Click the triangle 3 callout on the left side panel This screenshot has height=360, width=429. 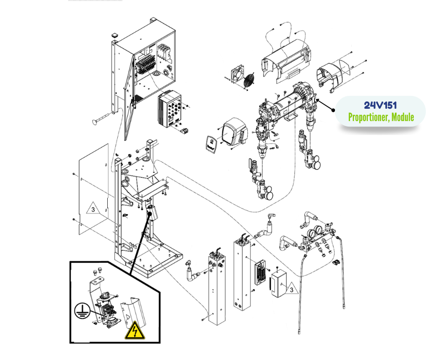pos(93,210)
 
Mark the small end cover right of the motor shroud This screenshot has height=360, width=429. pos(332,74)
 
